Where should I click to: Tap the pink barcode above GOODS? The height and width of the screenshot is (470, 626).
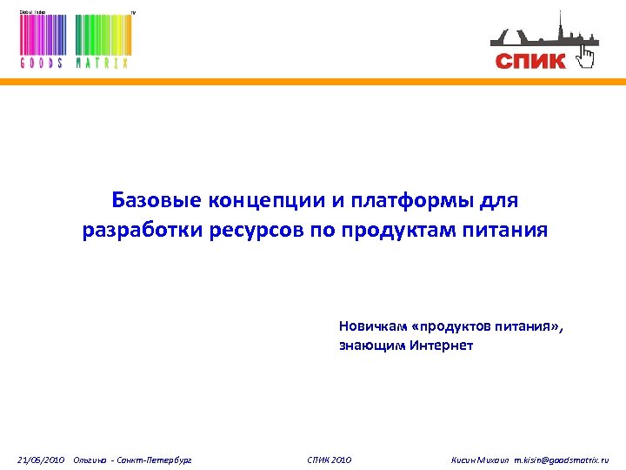[42, 36]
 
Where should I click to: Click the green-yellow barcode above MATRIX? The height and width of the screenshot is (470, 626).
[102, 36]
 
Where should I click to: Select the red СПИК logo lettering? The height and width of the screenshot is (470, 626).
[530, 60]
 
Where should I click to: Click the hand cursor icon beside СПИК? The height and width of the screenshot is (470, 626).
[587, 57]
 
